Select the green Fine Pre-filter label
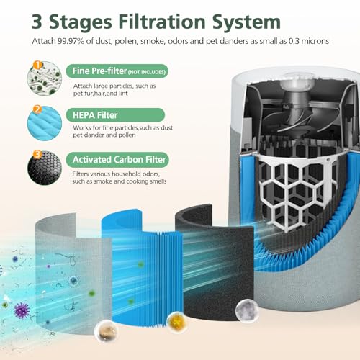pyautogui.click(x=118, y=71)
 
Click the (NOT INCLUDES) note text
pyautogui.click(x=147, y=72)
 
